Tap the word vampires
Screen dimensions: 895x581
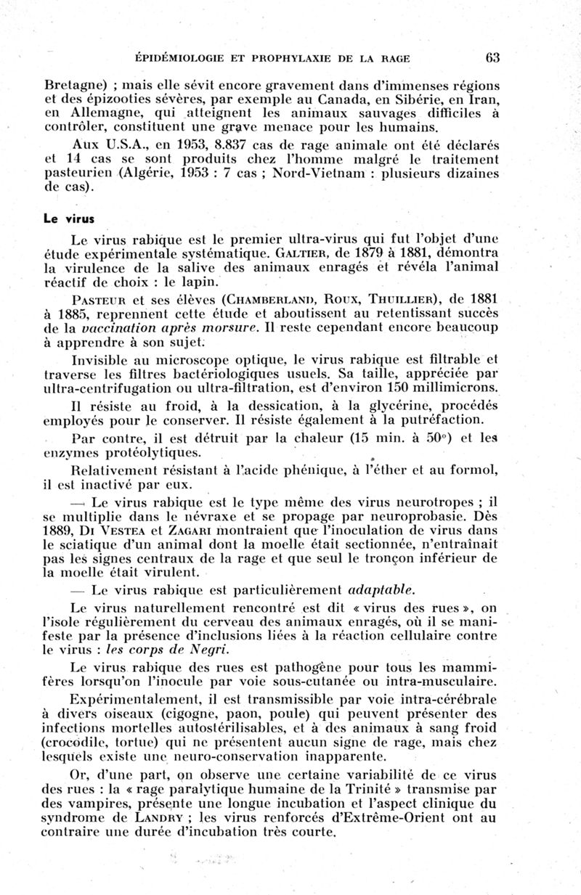tap(107, 803)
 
